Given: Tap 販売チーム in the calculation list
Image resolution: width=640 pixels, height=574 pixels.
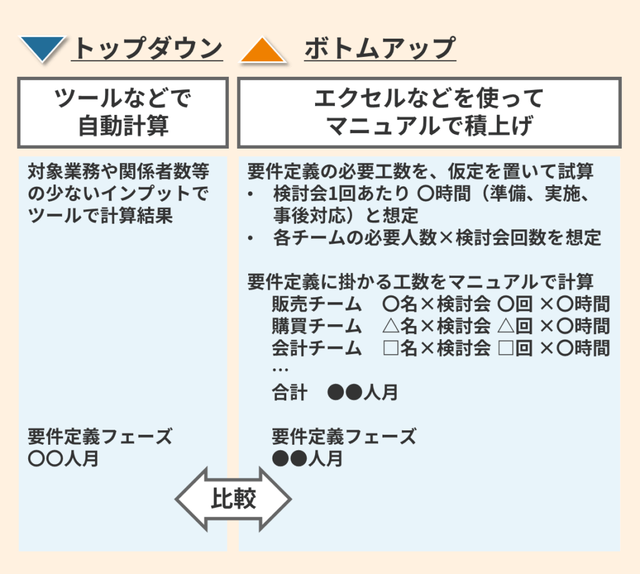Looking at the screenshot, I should [x=317, y=305].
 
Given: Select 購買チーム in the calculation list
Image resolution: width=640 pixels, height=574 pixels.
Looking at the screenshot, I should [x=317, y=326].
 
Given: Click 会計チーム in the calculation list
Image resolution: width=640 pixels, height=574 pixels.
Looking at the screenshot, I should [x=317, y=348].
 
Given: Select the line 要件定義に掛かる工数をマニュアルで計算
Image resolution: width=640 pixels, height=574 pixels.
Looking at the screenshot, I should [x=420, y=282].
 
